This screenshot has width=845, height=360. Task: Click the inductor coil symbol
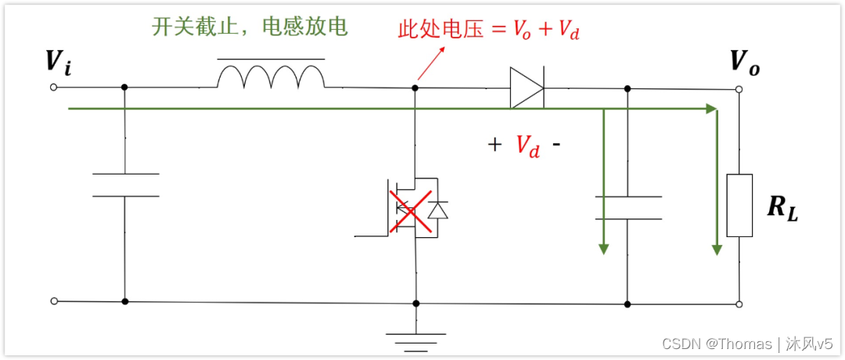tap(270, 77)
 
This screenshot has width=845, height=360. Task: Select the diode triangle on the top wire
tap(527, 88)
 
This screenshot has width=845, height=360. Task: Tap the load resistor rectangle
tap(739, 205)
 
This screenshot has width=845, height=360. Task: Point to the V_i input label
tap(58, 63)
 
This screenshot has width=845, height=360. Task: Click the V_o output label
tap(744, 63)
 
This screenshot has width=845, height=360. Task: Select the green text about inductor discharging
tap(250, 27)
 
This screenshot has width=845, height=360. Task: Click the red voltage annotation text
tap(489, 31)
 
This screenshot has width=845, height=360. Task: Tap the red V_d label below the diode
tap(527, 145)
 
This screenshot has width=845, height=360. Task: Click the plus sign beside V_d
tap(494, 145)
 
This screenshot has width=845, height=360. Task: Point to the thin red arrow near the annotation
tap(430, 63)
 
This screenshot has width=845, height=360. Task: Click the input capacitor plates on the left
tap(125, 185)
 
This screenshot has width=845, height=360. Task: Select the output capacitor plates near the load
tap(627, 207)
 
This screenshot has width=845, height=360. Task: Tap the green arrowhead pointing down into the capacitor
tap(603, 248)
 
